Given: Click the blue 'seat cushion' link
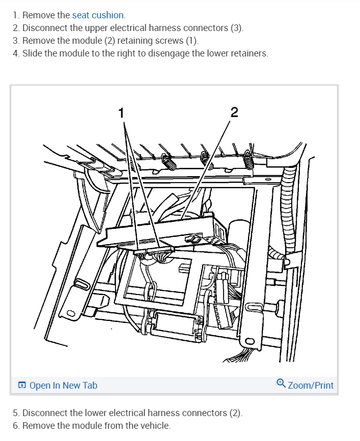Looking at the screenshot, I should pos(98,15).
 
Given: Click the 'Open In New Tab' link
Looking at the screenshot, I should pos(63,385).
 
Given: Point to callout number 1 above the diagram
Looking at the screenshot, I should pos(121,112).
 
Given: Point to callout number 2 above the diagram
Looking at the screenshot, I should pos(234,112).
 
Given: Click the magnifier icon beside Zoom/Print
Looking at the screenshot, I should pos(281,384).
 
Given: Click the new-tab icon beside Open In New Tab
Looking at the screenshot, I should pos(22,386).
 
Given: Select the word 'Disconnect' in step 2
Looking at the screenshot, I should pos(43,28).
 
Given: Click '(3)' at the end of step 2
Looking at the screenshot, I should pos(236,28).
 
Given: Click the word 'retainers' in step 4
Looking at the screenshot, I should pos(247,53).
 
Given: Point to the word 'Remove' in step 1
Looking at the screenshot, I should pos(39,15).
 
